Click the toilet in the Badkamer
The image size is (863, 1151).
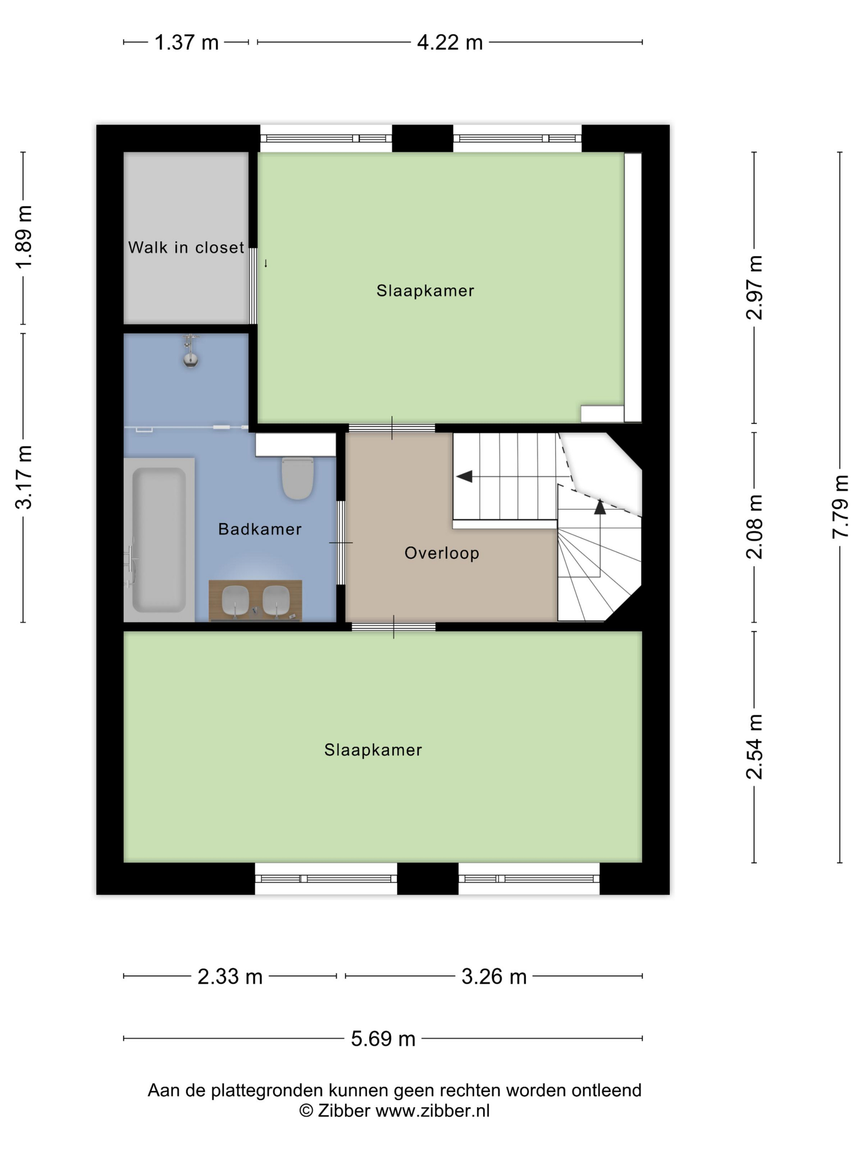[x=298, y=478]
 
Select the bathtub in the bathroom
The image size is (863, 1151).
[x=159, y=540]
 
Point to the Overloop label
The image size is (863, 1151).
[x=442, y=553]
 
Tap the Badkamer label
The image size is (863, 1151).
[x=260, y=529]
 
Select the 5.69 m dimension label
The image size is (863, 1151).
[x=383, y=1039]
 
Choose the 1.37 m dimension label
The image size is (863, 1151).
[x=186, y=42]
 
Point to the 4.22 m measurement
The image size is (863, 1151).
[x=450, y=42]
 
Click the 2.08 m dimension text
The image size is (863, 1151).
[x=754, y=527]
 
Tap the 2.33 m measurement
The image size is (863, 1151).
[x=230, y=977]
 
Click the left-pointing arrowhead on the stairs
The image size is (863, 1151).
[x=464, y=476]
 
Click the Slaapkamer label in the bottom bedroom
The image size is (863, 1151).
[x=373, y=750]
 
